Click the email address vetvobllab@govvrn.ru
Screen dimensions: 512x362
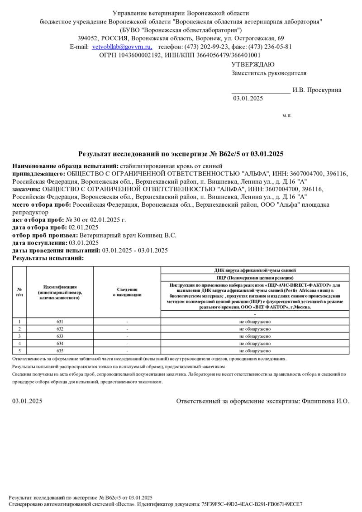pos(121,47)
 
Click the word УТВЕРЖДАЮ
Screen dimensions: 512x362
pos(252,65)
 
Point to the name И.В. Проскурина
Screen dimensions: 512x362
pos(317,90)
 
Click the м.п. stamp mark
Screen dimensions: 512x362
pos(287,116)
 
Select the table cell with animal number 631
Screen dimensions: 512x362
pos(60,322)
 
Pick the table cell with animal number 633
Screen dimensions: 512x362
pos(60,336)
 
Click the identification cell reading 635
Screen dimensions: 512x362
pos(60,351)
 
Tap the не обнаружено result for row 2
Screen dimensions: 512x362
pos(255,329)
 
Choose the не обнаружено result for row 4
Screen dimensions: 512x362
pos(255,343)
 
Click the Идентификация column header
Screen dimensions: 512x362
pos(60,292)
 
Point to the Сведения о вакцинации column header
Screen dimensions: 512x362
pos(127,292)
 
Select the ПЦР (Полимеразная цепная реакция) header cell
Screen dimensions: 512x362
pos(255,277)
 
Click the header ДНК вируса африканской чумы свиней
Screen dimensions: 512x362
pos(255,270)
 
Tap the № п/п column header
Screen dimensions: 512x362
pos(19,292)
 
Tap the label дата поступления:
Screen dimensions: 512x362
pos(40,243)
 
